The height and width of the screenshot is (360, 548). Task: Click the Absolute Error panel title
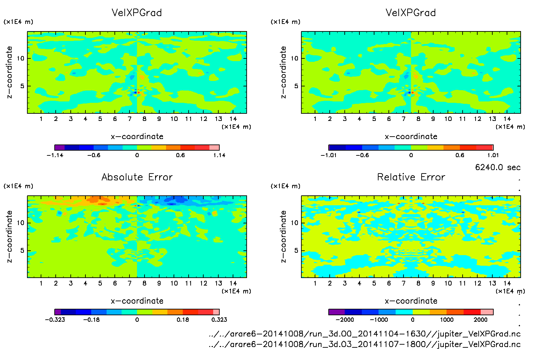(x=137, y=177)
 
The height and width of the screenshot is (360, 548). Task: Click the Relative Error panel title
(x=411, y=177)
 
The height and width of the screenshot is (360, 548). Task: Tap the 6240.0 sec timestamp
(x=497, y=167)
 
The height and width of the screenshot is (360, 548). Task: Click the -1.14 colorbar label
(x=55, y=155)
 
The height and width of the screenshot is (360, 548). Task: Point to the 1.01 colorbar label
(x=493, y=155)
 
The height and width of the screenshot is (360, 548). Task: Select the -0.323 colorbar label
(x=55, y=320)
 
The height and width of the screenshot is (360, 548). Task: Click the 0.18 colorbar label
(x=183, y=320)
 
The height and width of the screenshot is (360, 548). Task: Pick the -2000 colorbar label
(x=345, y=320)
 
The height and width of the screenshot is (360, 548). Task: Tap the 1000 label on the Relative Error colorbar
(x=447, y=320)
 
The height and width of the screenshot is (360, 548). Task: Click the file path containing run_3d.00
(x=365, y=334)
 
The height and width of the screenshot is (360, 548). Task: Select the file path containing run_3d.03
(x=365, y=344)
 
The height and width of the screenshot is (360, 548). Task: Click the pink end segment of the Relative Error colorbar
(x=487, y=312)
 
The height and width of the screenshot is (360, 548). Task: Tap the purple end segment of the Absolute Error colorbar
(x=58, y=312)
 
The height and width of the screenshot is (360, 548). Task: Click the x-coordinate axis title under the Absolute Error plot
(x=137, y=301)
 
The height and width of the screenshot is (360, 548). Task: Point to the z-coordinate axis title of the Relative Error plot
(x=283, y=236)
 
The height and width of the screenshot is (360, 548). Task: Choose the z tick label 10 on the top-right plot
(x=294, y=58)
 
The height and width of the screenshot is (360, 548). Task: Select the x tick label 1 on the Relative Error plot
(x=315, y=283)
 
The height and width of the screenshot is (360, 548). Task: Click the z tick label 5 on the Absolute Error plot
(x=22, y=250)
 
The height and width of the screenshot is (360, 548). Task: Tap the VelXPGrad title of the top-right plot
(x=411, y=13)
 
